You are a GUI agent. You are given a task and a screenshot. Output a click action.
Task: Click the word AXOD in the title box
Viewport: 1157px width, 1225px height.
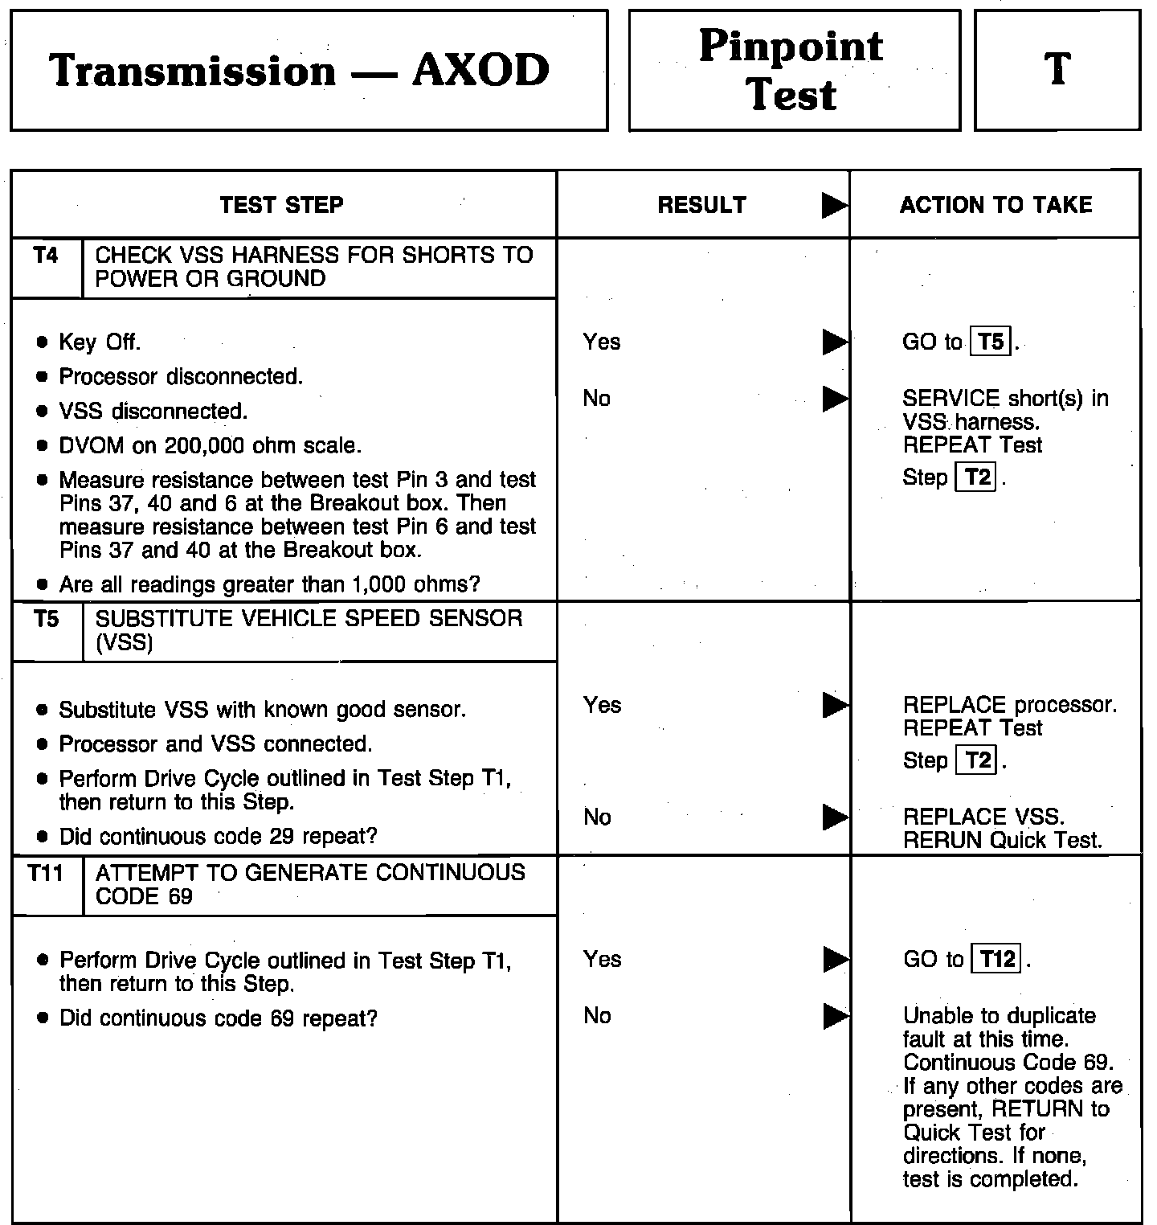click(x=480, y=70)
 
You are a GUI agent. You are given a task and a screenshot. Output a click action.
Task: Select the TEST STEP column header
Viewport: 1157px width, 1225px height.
click(x=281, y=205)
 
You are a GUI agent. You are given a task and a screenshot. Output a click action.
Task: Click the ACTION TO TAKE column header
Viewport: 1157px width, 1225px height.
click(x=996, y=205)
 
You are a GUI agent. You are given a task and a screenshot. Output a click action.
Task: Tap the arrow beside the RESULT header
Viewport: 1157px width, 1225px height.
click(x=835, y=207)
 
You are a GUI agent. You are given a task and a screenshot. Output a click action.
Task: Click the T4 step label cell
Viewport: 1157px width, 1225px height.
click(x=47, y=256)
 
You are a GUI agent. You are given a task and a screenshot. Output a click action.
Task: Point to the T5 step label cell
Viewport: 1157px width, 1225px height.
click(x=47, y=619)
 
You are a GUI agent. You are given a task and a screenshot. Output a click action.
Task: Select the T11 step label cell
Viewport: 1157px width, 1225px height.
click(x=46, y=873)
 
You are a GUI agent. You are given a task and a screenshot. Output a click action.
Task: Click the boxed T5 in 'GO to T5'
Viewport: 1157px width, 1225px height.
click(x=991, y=342)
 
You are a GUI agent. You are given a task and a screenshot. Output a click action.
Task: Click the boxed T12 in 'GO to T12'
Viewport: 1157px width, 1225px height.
click(x=996, y=960)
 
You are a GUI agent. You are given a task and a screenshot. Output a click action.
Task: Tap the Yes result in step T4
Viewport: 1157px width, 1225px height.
click(x=602, y=342)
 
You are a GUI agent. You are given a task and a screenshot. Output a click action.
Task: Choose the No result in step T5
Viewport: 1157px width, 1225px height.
click(x=597, y=817)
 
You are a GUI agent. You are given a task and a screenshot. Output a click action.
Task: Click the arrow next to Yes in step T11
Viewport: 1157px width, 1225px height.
click(x=835, y=960)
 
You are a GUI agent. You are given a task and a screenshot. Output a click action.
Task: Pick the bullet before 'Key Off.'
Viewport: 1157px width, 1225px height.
click(x=42, y=343)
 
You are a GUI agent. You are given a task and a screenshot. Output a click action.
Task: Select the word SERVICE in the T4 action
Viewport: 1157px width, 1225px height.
click(x=951, y=399)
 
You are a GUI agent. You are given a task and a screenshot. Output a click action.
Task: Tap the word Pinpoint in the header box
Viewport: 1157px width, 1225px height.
click(x=791, y=46)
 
